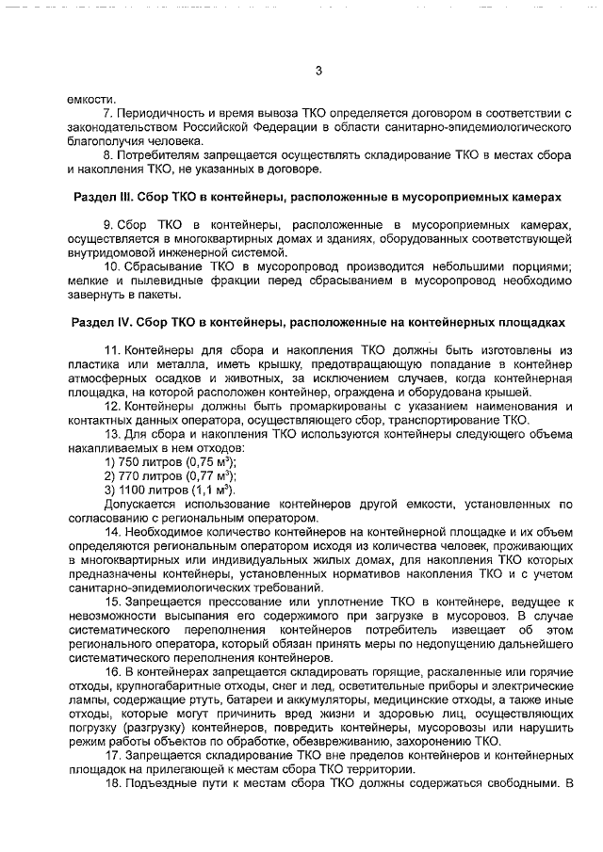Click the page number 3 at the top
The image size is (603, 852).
click(318, 72)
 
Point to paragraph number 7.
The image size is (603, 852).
click(106, 113)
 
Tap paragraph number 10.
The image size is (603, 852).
click(109, 266)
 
